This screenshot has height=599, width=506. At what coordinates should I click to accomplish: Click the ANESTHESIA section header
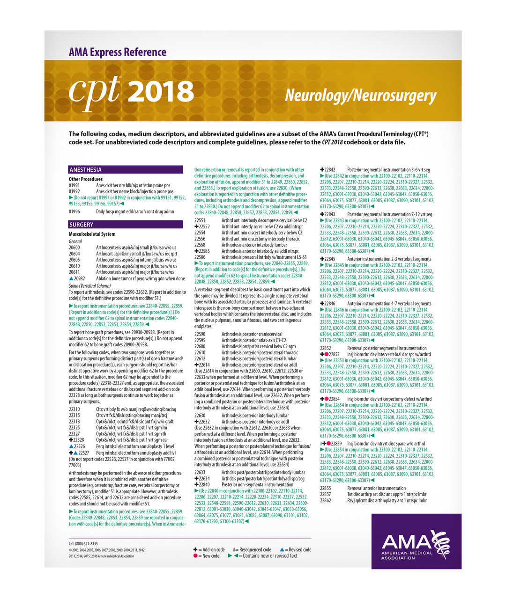[x=85, y=170]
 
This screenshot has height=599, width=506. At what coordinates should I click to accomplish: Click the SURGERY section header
[x=82, y=225]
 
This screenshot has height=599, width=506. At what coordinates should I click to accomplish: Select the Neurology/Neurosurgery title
[x=361, y=95]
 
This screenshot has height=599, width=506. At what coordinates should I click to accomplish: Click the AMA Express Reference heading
[x=118, y=52]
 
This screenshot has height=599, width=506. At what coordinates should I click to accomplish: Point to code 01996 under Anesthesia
[x=74, y=212]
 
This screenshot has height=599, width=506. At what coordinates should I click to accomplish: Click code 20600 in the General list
[x=74, y=248]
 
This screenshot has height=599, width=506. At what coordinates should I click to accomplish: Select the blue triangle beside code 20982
[x=71, y=278]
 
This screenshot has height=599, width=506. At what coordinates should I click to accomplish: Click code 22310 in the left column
[x=74, y=409]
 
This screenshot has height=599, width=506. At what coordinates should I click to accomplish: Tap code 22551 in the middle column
[x=200, y=220]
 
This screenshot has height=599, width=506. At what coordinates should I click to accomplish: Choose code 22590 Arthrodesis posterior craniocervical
[x=200, y=334]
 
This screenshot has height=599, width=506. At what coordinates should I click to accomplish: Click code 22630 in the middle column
[x=200, y=416]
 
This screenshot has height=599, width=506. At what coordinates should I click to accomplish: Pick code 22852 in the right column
[x=326, y=348]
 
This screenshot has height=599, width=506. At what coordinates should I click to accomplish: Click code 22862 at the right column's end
[x=326, y=500]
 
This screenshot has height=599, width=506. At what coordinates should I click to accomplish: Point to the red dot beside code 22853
[x=327, y=355]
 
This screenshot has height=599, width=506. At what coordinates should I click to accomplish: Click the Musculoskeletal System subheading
[x=92, y=234]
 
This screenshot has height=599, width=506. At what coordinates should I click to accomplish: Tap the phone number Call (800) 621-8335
[x=83, y=544]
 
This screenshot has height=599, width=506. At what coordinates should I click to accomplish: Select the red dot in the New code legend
[x=195, y=556]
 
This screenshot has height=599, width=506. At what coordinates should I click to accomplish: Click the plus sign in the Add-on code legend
[x=195, y=550]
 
